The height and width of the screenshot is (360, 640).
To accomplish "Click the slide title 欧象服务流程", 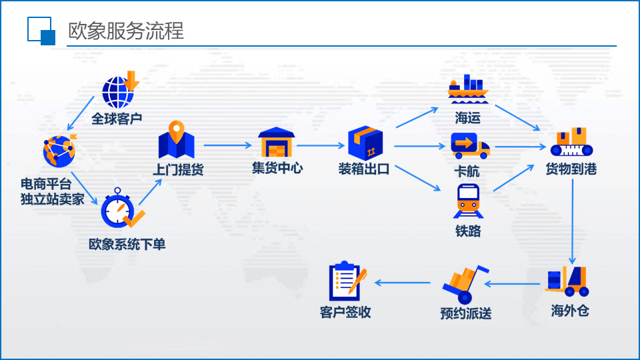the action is (x=126, y=31).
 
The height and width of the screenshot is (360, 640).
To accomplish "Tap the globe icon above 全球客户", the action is (x=119, y=91).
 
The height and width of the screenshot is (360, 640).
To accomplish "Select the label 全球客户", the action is (x=117, y=119).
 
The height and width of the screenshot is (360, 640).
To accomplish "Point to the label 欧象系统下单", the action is (x=127, y=245).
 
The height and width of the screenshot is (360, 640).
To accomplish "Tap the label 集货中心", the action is (x=277, y=168).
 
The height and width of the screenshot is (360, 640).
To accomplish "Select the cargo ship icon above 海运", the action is (x=468, y=89).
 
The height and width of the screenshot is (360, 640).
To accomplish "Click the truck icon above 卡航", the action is (x=469, y=146).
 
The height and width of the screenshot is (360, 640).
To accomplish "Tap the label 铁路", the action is (x=468, y=231).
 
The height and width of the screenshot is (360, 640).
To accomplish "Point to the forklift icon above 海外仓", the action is (x=568, y=282).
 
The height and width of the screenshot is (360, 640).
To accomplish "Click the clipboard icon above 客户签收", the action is (x=347, y=281).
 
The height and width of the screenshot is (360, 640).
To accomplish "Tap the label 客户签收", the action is (x=345, y=312).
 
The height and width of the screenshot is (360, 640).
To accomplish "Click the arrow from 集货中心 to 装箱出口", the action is (x=321, y=145).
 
